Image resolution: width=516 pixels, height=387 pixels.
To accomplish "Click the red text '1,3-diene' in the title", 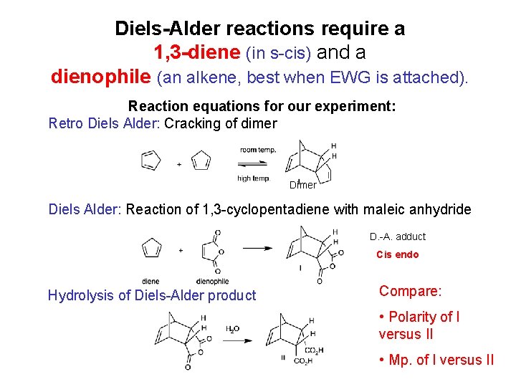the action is click(x=198, y=52).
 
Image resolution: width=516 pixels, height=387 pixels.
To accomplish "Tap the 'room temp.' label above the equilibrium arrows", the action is click(x=257, y=150).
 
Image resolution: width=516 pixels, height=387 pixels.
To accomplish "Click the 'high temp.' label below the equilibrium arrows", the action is click(x=253, y=178).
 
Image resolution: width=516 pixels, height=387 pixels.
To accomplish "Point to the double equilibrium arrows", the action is click(x=255, y=163).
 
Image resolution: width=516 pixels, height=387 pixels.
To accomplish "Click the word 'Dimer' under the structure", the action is click(x=302, y=185).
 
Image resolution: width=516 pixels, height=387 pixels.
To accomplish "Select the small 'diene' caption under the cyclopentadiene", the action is click(x=150, y=281).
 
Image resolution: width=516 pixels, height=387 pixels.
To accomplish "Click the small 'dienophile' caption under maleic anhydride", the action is click(x=211, y=281).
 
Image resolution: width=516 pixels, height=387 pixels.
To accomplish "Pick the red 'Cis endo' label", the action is click(x=398, y=254).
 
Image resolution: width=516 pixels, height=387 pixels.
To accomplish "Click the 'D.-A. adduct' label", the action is click(x=398, y=236).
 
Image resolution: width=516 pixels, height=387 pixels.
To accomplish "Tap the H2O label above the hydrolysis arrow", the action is click(x=233, y=329).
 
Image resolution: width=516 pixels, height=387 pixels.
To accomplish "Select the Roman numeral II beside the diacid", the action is click(x=284, y=357).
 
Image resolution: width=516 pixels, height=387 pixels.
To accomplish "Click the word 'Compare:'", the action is click(x=411, y=291).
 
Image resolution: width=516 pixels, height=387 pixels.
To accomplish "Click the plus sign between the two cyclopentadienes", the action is click(x=178, y=163).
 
